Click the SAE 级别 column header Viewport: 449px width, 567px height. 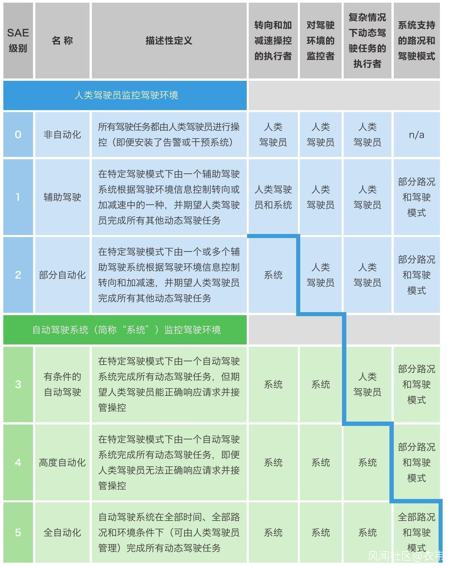pyautogui.click(x=18, y=40)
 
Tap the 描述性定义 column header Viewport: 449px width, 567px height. pyautogui.click(x=169, y=41)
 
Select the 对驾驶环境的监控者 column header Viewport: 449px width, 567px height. pyautogui.click(x=320, y=41)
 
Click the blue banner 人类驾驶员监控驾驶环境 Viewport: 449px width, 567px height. pyautogui.click(x=125, y=95)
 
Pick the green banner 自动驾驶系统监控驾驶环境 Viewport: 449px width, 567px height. pyautogui.click(x=125, y=330)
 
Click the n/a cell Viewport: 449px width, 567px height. pyautogui.click(x=416, y=135)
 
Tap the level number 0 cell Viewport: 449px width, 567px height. pyautogui.click(x=18, y=135)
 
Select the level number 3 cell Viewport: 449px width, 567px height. pyautogui.click(x=18, y=384)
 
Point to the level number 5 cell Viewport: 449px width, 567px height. pyautogui.click(x=18, y=532)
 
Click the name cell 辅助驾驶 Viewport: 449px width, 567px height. pyautogui.click(x=63, y=197)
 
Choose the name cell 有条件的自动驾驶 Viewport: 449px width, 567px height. pyautogui.click(x=63, y=384)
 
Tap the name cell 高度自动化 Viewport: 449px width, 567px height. pyautogui.click(x=63, y=462)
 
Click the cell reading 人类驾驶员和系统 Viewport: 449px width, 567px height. pyautogui.click(x=273, y=197)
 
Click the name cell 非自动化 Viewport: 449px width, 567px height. pyautogui.click(x=63, y=135)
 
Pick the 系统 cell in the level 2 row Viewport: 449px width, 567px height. pyautogui.click(x=273, y=275)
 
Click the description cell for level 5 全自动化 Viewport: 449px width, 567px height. pyautogui.click(x=169, y=532)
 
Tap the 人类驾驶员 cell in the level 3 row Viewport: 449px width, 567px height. pyautogui.click(x=367, y=384)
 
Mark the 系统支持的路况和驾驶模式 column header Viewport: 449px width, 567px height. pyautogui.click(x=416, y=41)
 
